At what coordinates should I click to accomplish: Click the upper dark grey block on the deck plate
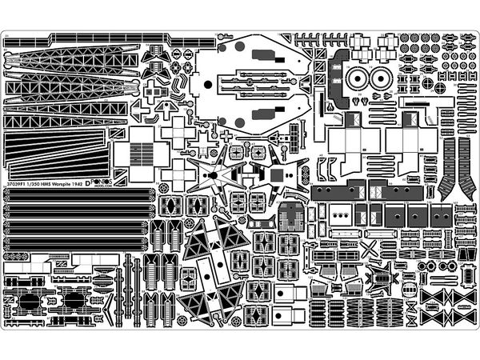263,54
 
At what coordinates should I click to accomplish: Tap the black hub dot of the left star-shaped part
214,174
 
